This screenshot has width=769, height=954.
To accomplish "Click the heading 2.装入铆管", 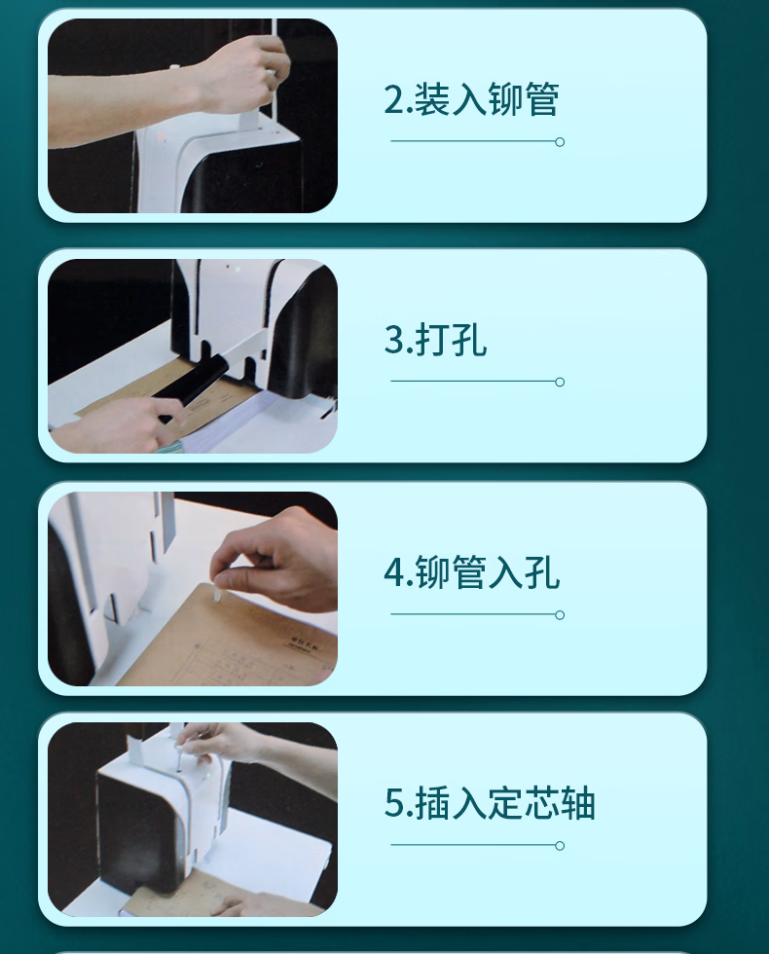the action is point(471,99).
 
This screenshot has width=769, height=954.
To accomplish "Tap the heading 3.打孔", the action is point(436,339).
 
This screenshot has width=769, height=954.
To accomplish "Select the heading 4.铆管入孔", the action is point(471,572).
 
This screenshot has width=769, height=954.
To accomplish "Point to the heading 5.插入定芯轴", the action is point(490,802).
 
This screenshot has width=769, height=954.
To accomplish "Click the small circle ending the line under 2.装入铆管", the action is point(560,142).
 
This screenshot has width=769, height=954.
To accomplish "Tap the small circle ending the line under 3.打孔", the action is point(560,382).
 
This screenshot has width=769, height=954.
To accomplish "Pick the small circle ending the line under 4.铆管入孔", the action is point(560,614).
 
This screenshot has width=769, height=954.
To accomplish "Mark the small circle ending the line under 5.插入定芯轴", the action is point(560,845).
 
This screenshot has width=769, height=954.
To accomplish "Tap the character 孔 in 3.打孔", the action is point(469,339).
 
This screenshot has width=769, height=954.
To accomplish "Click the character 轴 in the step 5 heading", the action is point(577,802).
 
